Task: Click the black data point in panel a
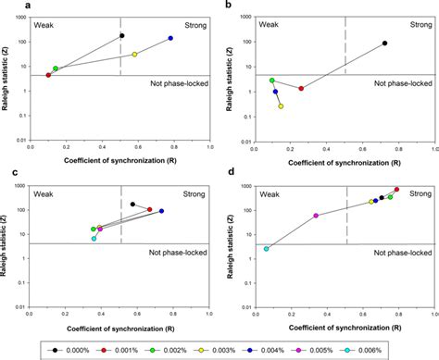click(x=122, y=36)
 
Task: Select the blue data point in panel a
click(x=170, y=39)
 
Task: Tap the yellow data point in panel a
click(x=134, y=55)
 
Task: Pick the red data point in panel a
click(x=49, y=75)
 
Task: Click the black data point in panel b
click(x=384, y=43)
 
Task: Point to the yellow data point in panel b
click(x=281, y=106)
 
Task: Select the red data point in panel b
click(x=301, y=88)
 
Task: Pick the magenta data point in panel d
click(x=316, y=216)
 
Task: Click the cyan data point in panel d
click(x=267, y=249)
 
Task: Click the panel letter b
click(x=229, y=6)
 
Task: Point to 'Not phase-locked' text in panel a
click(x=178, y=83)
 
